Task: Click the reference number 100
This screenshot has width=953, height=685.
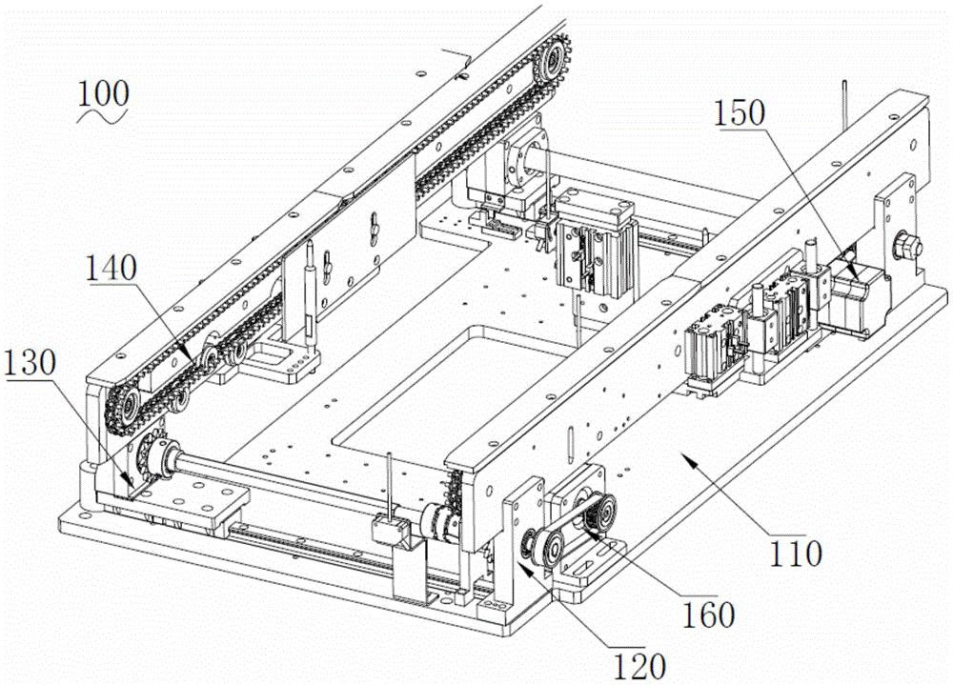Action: click(x=103, y=94)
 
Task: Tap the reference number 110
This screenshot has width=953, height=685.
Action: click(x=796, y=553)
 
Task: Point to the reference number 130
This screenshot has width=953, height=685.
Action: click(x=30, y=363)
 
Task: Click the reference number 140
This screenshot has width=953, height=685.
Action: click(x=111, y=268)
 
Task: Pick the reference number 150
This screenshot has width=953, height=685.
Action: click(x=740, y=113)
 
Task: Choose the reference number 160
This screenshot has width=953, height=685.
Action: click(x=708, y=614)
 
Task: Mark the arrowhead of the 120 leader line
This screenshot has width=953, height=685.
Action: click(x=522, y=569)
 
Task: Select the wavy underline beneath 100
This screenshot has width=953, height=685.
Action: click(x=103, y=115)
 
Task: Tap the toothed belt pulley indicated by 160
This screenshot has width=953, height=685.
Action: click(x=598, y=508)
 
